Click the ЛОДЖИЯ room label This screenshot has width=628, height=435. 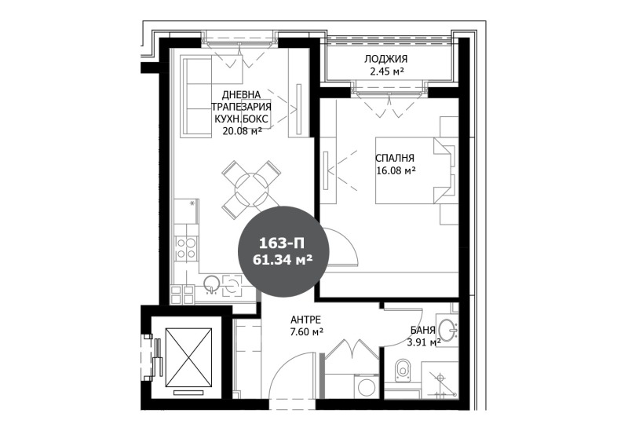pos(385,60)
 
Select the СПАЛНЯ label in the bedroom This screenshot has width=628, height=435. pos(395,157)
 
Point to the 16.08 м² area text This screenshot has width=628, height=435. pos(395,170)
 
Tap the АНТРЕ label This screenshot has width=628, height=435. pos(306,320)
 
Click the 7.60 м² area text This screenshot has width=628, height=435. pos(306,332)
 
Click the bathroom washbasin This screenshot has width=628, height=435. pos(447,328)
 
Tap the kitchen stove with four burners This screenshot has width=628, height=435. pos(185,248)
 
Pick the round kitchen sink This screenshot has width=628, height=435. pos(211,284)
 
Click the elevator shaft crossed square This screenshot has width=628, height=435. pos(188,358)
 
